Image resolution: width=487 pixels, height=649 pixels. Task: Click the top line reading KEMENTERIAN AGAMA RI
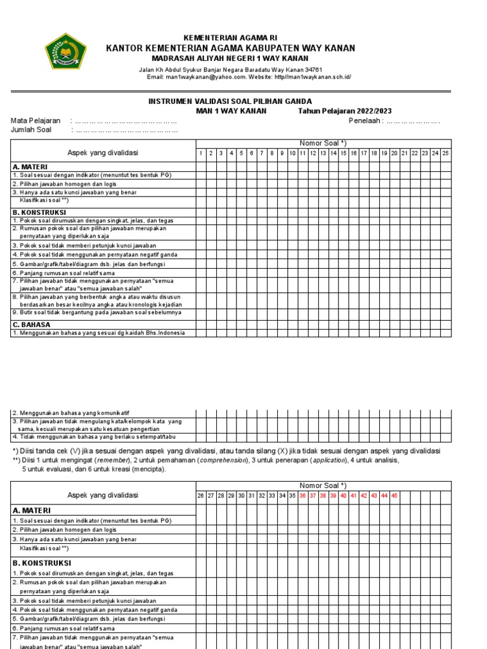click(230, 38)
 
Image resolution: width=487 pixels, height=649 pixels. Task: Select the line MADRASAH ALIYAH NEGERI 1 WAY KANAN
click(230, 58)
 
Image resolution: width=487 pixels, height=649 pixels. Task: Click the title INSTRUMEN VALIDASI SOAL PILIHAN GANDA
click(230, 101)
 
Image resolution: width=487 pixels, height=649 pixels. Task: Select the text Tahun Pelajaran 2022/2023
click(345, 111)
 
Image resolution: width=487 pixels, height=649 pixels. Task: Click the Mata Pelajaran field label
click(36, 120)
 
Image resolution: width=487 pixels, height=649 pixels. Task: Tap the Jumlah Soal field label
click(31, 130)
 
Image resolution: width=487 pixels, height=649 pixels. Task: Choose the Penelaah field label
click(365, 120)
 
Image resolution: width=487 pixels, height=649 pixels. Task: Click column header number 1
click(201, 153)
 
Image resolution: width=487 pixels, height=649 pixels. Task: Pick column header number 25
click(445, 153)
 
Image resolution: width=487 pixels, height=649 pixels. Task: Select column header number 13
click(323, 153)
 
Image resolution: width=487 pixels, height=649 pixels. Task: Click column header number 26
click(201, 495)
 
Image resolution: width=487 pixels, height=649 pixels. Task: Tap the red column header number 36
click(302, 495)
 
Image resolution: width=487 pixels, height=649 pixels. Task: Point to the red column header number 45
click(394, 495)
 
